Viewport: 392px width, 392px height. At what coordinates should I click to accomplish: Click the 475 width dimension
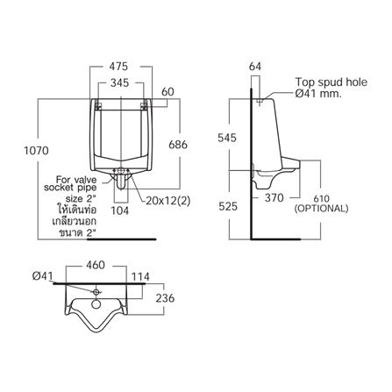tap(118, 67)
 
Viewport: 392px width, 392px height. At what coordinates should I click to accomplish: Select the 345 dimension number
tap(120, 83)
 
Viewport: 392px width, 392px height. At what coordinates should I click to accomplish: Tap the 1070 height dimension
tap(36, 151)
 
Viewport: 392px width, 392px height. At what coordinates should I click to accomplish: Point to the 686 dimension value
tap(178, 145)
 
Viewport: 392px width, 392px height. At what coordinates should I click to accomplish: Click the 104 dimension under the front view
tap(120, 210)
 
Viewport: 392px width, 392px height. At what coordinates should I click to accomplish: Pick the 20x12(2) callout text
tap(168, 201)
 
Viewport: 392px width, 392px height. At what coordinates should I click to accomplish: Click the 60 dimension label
tap(167, 92)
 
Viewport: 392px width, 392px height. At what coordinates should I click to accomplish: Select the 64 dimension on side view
tap(255, 67)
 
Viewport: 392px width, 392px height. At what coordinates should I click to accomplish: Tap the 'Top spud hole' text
tap(331, 82)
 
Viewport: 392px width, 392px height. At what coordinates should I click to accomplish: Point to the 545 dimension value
tap(227, 138)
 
